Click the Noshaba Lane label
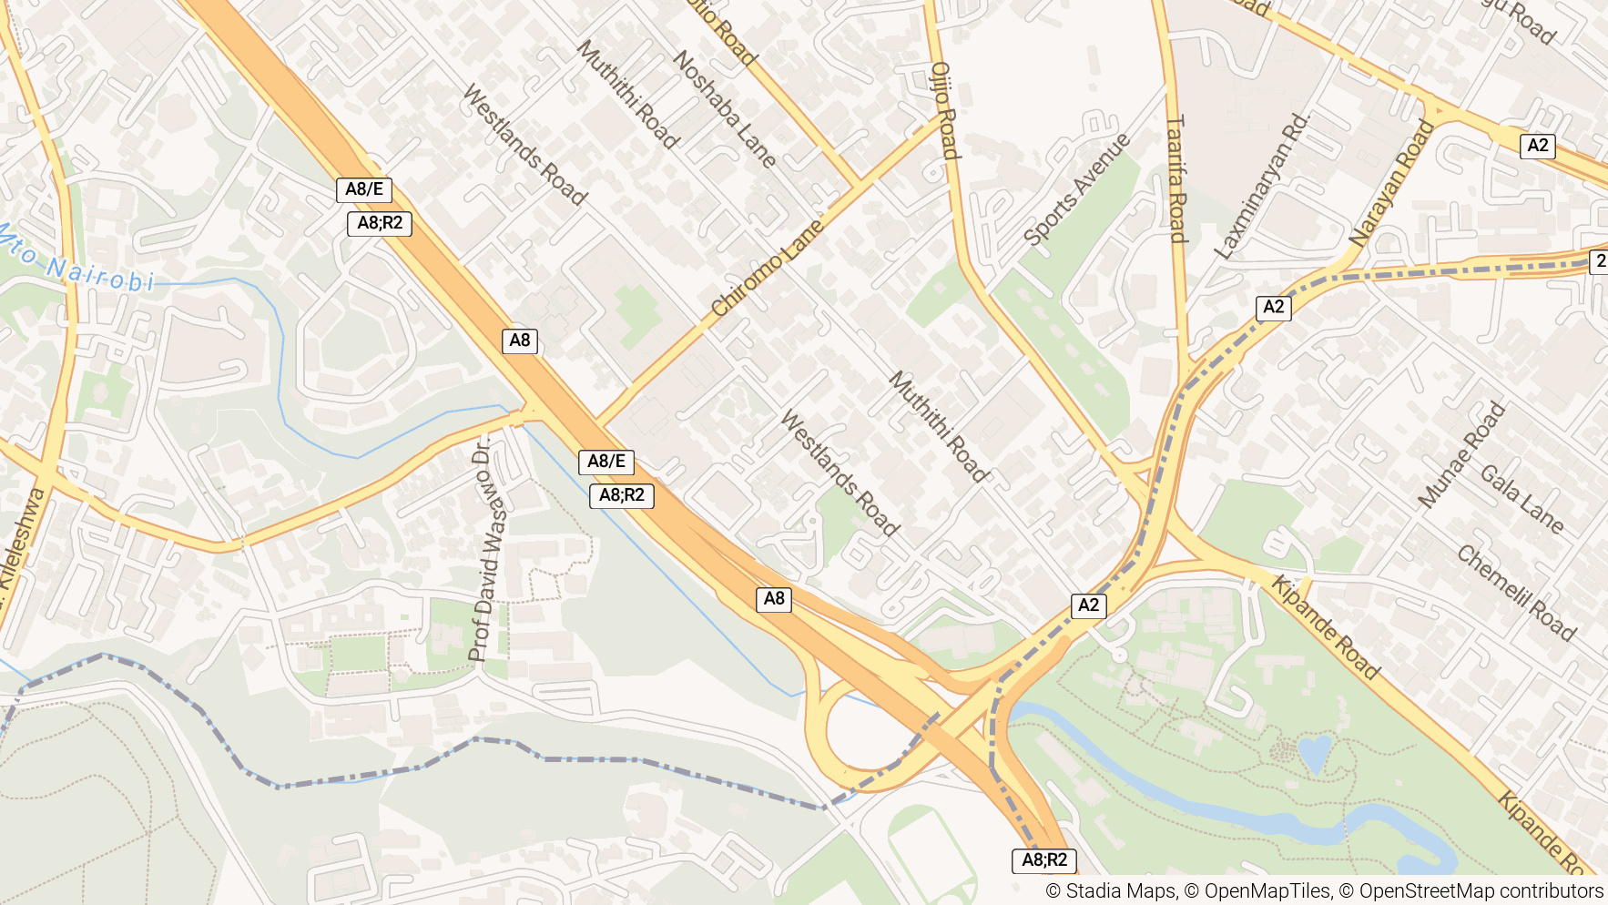[x=725, y=109]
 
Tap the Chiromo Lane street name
[x=767, y=268]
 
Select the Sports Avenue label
[x=1076, y=189]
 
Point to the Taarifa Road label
[x=1176, y=178]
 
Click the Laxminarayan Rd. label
[x=1261, y=187]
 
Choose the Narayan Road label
[x=1390, y=184]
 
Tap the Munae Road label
[x=1461, y=454]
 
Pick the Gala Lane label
[x=1521, y=499]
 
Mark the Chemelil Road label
[x=1516, y=593]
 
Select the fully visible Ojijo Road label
[x=945, y=111]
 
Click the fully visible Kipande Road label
[x=1326, y=627]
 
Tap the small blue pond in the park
[x=1315, y=754]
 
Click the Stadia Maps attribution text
[x=1110, y=890]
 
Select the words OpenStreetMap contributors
[x=1481, y=890]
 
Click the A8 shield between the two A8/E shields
[x=520, y=341]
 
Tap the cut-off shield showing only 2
[x=1599, y=261]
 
